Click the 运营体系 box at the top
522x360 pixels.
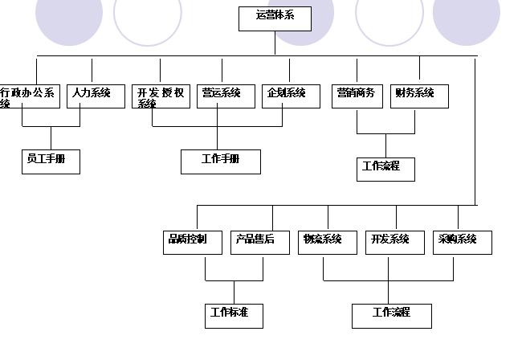pyautogui.click(x=275, y=18)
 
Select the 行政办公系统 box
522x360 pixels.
pyautogui.click(x=29, y=96)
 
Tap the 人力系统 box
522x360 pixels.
pyautogui.click(x=95, y=95)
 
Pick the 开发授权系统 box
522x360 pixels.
pyautogui.click(x=161, y=96)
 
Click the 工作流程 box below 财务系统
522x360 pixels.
pyautogui.click(x=386, y=169)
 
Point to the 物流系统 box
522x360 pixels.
pyautogui.click(x=327, y=242)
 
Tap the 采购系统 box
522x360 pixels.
pyautogui.click(x=461, y=242)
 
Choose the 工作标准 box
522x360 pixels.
pyautogui.click(x=234, y=315)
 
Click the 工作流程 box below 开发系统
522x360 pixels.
pyautogui.click(x=391, y=315)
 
